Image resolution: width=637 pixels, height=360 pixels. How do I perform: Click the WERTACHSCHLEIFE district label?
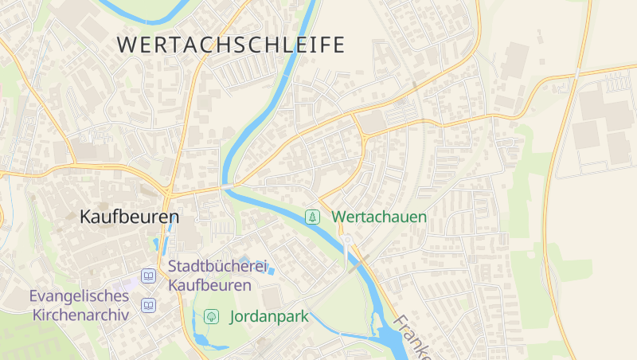click(231, 45)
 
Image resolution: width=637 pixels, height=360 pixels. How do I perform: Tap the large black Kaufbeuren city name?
click(129, 216)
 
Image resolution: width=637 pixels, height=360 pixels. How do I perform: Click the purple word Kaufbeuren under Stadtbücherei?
click(209, 284)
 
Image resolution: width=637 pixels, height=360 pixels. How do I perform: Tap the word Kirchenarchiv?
click(80, 315)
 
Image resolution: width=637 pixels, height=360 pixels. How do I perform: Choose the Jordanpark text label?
click(268, 316)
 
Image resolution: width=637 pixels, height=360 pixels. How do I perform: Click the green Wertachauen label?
click(379, 217)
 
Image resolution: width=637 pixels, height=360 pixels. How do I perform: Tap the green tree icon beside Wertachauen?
click(314, 217)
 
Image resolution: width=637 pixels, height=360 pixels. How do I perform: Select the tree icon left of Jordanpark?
click(212, 316)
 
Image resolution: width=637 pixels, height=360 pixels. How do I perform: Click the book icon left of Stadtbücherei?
click(148, 276)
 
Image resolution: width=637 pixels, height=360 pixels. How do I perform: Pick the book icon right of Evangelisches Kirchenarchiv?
click(148, 305)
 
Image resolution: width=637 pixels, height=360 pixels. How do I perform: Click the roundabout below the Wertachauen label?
click(347, 239)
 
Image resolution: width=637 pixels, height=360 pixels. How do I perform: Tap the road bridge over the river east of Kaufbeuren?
click(229, 186)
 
